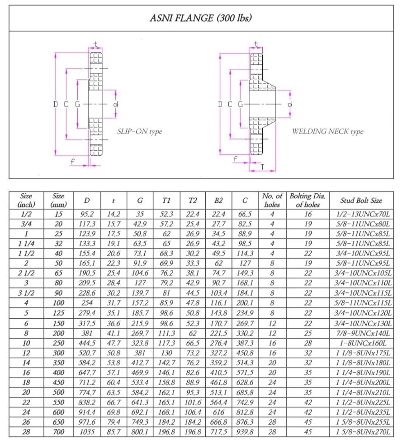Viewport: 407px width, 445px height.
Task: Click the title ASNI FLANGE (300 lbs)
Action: (x=201, y=18)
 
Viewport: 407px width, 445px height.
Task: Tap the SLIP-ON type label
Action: (x=139, y=132)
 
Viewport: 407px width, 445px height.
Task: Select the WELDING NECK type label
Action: (x=327, y=132)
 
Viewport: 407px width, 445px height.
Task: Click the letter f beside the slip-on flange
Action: (x=72, y=160)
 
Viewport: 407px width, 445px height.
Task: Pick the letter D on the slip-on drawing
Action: (x=56, y=104)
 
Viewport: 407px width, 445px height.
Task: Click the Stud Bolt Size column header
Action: (x=361, y=200)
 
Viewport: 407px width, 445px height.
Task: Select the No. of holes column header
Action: (x=272, y=200)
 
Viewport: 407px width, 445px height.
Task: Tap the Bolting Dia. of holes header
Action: (x=308, y=200)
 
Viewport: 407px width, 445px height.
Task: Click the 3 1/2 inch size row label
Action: (x=26, y=293)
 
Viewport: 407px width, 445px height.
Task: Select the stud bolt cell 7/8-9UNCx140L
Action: (x=361, y=333)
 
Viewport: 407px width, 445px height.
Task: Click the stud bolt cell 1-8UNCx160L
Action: (x=361, y=343)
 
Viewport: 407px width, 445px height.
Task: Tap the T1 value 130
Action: (x=166, y=353)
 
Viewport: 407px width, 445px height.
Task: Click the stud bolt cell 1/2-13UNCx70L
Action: (x=361, y=214)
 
